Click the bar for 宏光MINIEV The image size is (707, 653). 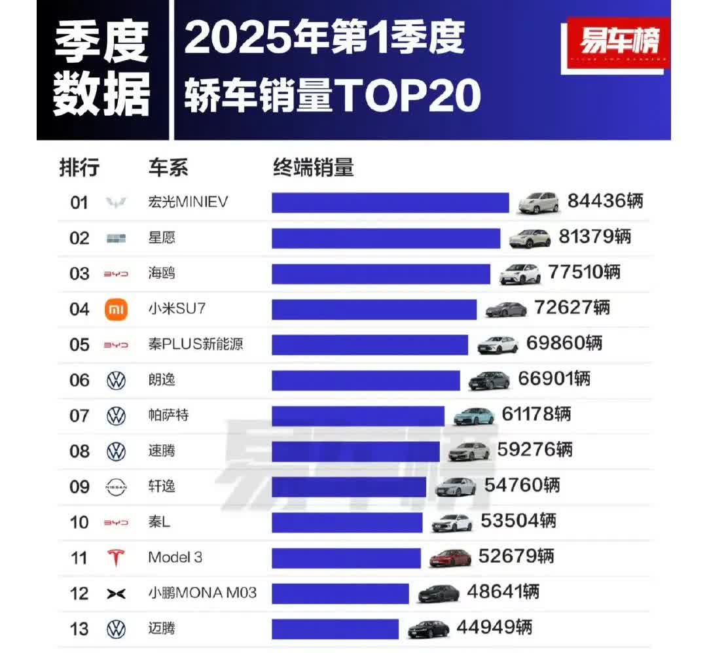tap(390, 202)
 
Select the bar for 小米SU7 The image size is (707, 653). tap(374, 309)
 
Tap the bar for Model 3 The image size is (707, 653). tap(346, 557)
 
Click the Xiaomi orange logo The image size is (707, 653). tap(116, 309)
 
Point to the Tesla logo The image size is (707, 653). tap(116, 557)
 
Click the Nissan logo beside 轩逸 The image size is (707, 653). tap(116, 487)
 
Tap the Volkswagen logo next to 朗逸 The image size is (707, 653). tap(116, 380)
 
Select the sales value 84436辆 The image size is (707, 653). tap(605, 201)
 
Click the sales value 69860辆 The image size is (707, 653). tap(565, 343)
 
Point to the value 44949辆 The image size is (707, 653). tap(494, 628)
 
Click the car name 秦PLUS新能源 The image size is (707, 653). tap(195, 344)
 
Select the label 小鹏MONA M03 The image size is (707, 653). tap(202, 593)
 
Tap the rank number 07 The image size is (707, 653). tap(79, 415)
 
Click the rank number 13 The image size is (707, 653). tap(79, 629)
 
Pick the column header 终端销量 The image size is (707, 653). tap(313, 168)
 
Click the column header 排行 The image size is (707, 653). tap(79, 168)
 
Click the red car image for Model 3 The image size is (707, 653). tap(450, 557)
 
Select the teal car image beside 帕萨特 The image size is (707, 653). tap(474, 415)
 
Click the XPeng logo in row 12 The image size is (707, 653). tap(116, 593)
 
